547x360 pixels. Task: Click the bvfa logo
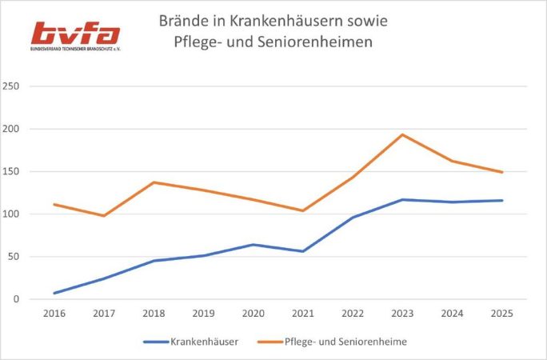pyautogui.click(x=75, y=34)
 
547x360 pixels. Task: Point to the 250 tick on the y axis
pyautogui.click(x=11, y=86)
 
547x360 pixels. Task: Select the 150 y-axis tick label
pyautogui.click(x=11, y=171)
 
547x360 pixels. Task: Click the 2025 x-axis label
pyautogui.click(x=502, y=314)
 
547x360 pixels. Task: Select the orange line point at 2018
pyautogui.click(x=154, y=182)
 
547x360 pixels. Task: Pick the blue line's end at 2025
pyautogui.click(x=502, y=200)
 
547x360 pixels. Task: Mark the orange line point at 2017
pyautogui.click(x=104, y=216)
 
